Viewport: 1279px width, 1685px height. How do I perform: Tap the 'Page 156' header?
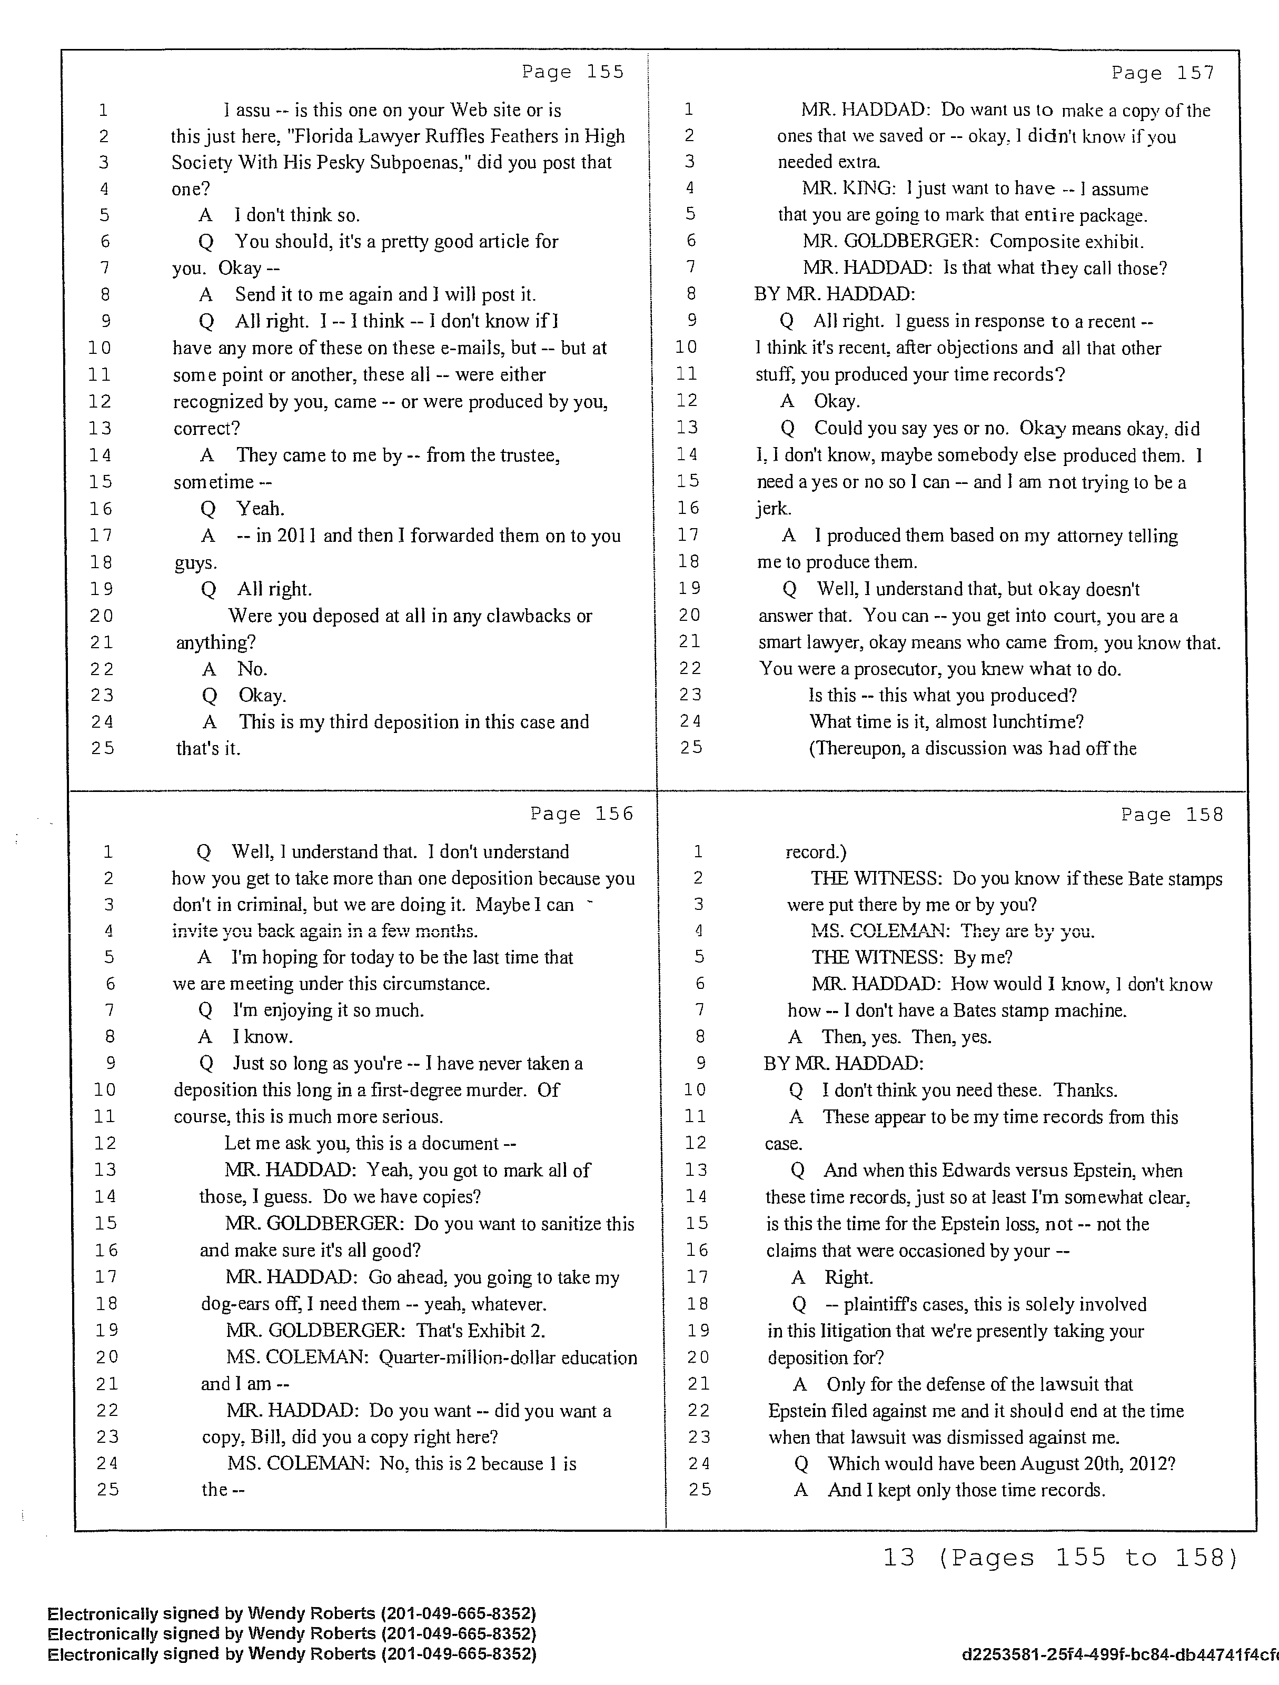[581, 814]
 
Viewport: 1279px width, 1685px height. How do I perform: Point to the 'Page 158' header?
[1172, 814]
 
